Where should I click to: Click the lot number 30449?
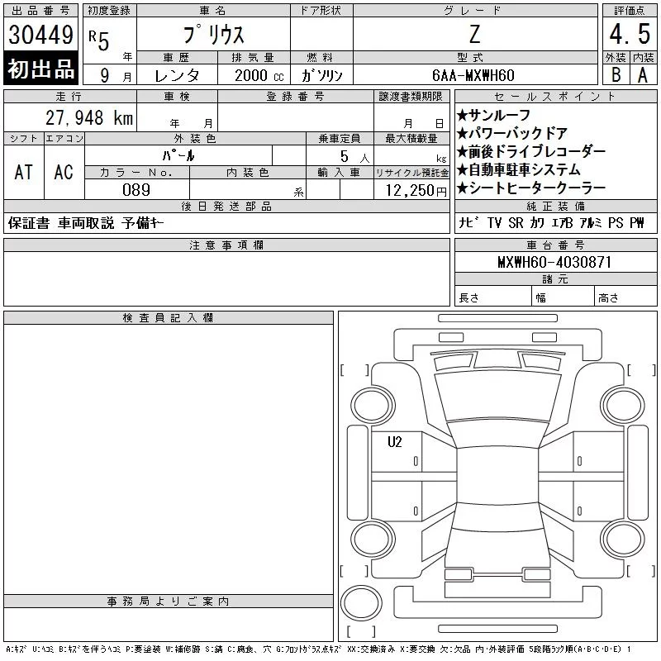pyautogui.click(x=40, y=35)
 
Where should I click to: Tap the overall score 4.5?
pyautogui.click(x=630, y=34)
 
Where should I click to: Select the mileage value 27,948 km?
pyautogui.click(x=89, y=117)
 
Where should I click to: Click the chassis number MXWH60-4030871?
pyautogui.click(x=554, y=262)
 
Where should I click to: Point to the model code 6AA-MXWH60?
pyautogui.click(x=473, y=75)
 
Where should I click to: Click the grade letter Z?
pyautogui.click(x=474, y=34)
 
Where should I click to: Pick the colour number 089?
pyautogui.click(x=136, y=190)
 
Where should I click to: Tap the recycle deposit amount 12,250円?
pyautogui.click(x=416, y=191)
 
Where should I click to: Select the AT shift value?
pyautogui.click(x=23, y=172)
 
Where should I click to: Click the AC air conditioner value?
pyautogui.click(x=64, y=172)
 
